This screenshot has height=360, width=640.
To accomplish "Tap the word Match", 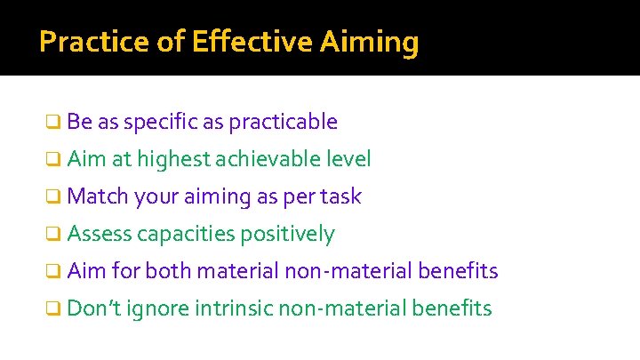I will [97, 196].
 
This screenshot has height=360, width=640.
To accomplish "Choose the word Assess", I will [99, 234].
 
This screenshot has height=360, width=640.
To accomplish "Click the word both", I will [169, 270].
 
